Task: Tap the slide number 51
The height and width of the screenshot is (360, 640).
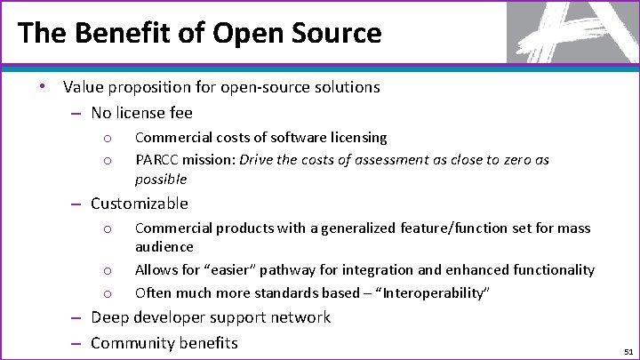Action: click(626, 351)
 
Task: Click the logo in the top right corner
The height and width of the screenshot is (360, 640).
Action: click(572, 32)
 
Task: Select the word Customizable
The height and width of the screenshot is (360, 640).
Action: click(140, 204)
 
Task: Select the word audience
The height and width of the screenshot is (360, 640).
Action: click(164, 246)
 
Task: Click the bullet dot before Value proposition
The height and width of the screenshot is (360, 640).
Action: click(42, 86)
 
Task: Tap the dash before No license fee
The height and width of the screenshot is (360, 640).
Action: click(77, 113)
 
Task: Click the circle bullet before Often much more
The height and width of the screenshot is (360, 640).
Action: click(106, 293)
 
